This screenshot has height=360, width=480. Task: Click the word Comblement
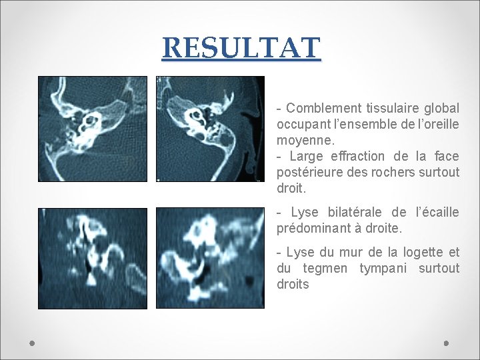325,108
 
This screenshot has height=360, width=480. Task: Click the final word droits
293,285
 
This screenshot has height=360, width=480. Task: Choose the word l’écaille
437,213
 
